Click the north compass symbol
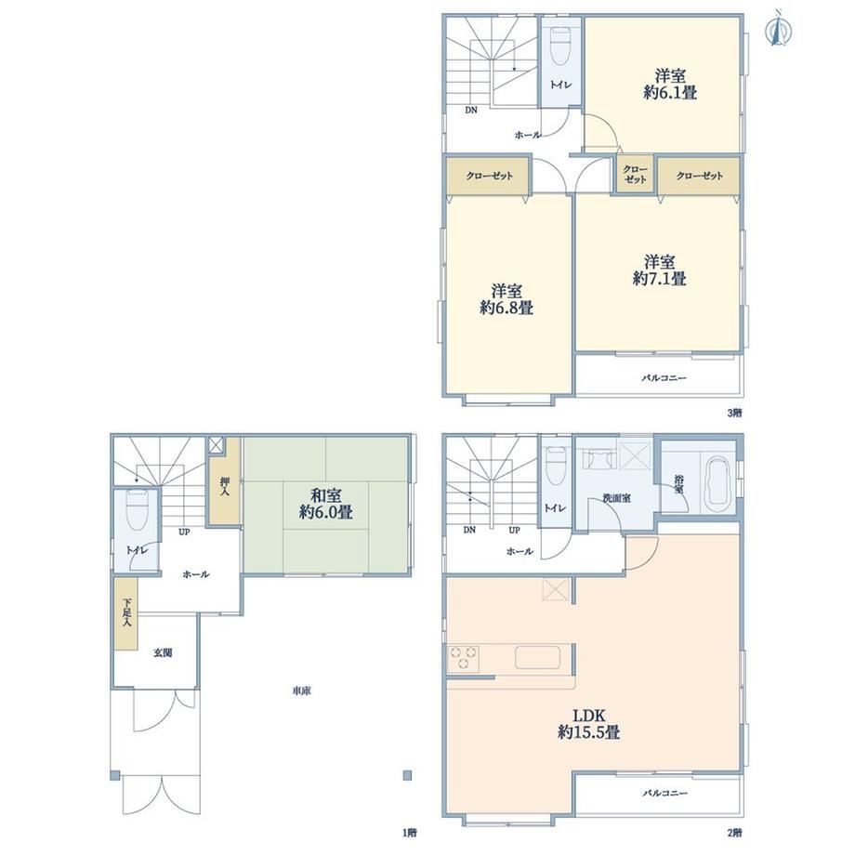pyautogui.click(x=779, y=30)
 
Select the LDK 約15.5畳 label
pyautogui.click(x=589, y=724)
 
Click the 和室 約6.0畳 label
pyautogui.click(x=325, y=504)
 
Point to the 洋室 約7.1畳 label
pyautogui.click(x=659, y=270)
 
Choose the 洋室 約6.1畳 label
pyautogui.click(x=670, y=84)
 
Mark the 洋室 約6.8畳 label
pyautogui.click(x=506, y=299)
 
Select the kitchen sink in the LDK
pyautogui.click(x=538, y=657)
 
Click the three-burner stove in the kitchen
pyautogui.click(x=464, y=658)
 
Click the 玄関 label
pyautogui.click(x=163, y=652)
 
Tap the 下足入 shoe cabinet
pyautogui.click(x=126, y=613)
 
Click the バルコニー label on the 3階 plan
pyautogui.click(x=664, y=377)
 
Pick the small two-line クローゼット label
pyautogui.click(x=636, y=175)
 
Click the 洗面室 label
pyautogui.click(x=617, y=498)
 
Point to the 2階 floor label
pyautogui.click(x=734, y=833)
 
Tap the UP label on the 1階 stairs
pyautogui.click(x=184, y=532)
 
